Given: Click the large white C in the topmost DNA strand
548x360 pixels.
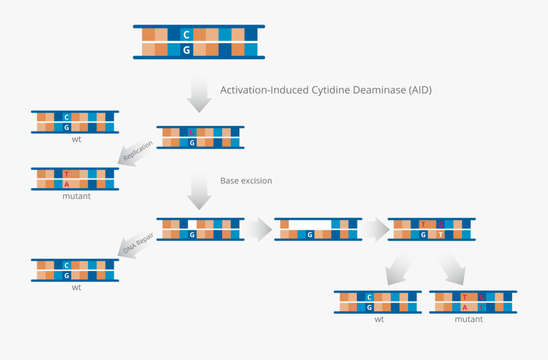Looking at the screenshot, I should pyautogui.click(x=186, y=35).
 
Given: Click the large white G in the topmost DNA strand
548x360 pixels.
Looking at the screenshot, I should pyautogui.click(x=186, y=50).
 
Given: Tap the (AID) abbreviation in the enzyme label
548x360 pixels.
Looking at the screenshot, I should pyautogui.click(x=419, y=90).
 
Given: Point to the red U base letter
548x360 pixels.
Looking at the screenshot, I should pyautogui.click(x=192, y=132).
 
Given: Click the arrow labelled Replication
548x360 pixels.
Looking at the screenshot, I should pyautogui.click(x=136, y=152).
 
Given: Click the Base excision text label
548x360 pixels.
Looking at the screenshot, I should pyautogui.click(x=246, y=181).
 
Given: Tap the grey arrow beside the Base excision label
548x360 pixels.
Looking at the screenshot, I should pyautogui.click(x=198, y=191).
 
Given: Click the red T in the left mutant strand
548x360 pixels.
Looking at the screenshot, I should pyautogui.click(x=66, y=174).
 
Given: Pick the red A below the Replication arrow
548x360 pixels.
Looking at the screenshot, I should pyautogui.click(x=66, y=184).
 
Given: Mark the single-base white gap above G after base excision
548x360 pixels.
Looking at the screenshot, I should pyautogui.click(x=192, y=224).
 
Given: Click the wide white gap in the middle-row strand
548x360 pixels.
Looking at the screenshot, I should pyautogui.click(x=310, y=224).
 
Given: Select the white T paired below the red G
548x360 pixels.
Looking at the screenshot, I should pyautogui.click(x=440, y=235).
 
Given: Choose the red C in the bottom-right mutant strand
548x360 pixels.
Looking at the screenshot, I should pyautogui.click(x=482, y=307).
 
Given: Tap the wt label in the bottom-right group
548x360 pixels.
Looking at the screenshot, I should pyautogui.click(x=379, y=319).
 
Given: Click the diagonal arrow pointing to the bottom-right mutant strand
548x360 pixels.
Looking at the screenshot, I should pyautogui.click(x=452, y=269).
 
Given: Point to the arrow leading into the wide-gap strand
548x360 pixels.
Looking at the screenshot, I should pyautogui.click(x=258, y=229).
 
